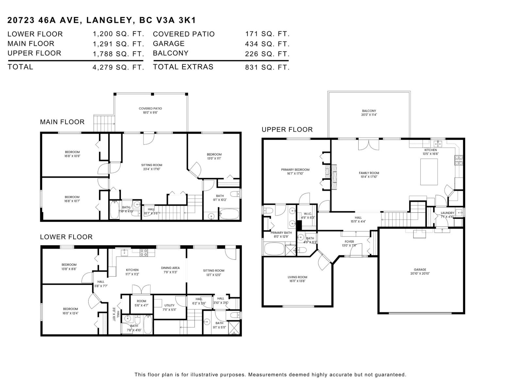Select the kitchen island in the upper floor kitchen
tap(429, 171)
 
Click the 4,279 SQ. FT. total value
tap(118, 67)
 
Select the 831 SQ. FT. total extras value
tap(267, 67)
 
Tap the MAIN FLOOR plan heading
tap(62, 122)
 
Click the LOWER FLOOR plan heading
tap(66, 237)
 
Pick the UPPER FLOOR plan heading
tap(287, 129)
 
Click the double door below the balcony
tap(369, 144)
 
